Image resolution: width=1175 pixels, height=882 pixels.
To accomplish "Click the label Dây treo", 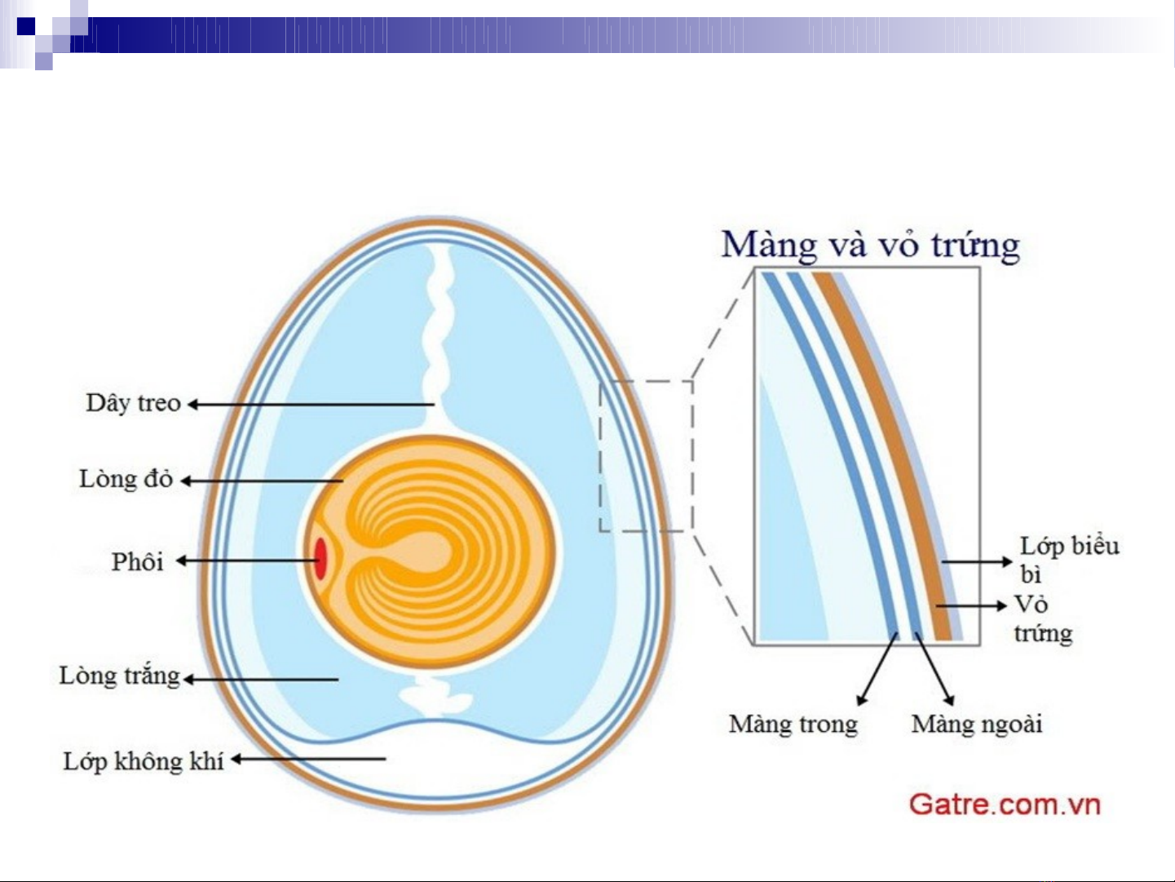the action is (x=133, y=404).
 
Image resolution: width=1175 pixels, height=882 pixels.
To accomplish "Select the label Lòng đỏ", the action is (x=126, y=479).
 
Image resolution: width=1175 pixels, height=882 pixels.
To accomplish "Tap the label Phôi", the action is (x=138, y=562).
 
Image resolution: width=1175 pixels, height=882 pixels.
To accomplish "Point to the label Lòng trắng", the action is (x=119, y=676).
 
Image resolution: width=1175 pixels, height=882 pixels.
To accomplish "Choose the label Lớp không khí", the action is (x=144, y=761).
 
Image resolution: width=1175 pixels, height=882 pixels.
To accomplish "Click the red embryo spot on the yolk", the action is (x=320, y=559).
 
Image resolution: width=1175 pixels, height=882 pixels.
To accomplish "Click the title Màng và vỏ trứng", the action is (x=870, y=246).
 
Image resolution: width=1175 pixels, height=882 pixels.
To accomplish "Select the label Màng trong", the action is (x=793, y=724).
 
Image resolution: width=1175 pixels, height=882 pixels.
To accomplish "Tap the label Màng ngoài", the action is (x=977, y=724).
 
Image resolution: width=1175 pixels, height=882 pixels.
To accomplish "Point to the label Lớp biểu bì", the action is (x=1069, y=560).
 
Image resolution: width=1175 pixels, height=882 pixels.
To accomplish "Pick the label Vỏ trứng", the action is (x=1043, y=618).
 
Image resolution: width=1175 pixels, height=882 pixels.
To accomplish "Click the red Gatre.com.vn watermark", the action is (x=1005, y=804).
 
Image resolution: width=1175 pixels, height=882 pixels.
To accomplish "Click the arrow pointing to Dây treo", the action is (x=311, y=405).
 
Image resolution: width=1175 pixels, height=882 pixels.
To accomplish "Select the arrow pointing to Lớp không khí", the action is (x=308, y=759).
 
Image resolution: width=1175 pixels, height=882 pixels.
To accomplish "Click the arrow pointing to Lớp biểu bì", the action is (x=977, y=562).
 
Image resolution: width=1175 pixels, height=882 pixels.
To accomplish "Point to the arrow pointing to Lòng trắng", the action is (x=261, y=680).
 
